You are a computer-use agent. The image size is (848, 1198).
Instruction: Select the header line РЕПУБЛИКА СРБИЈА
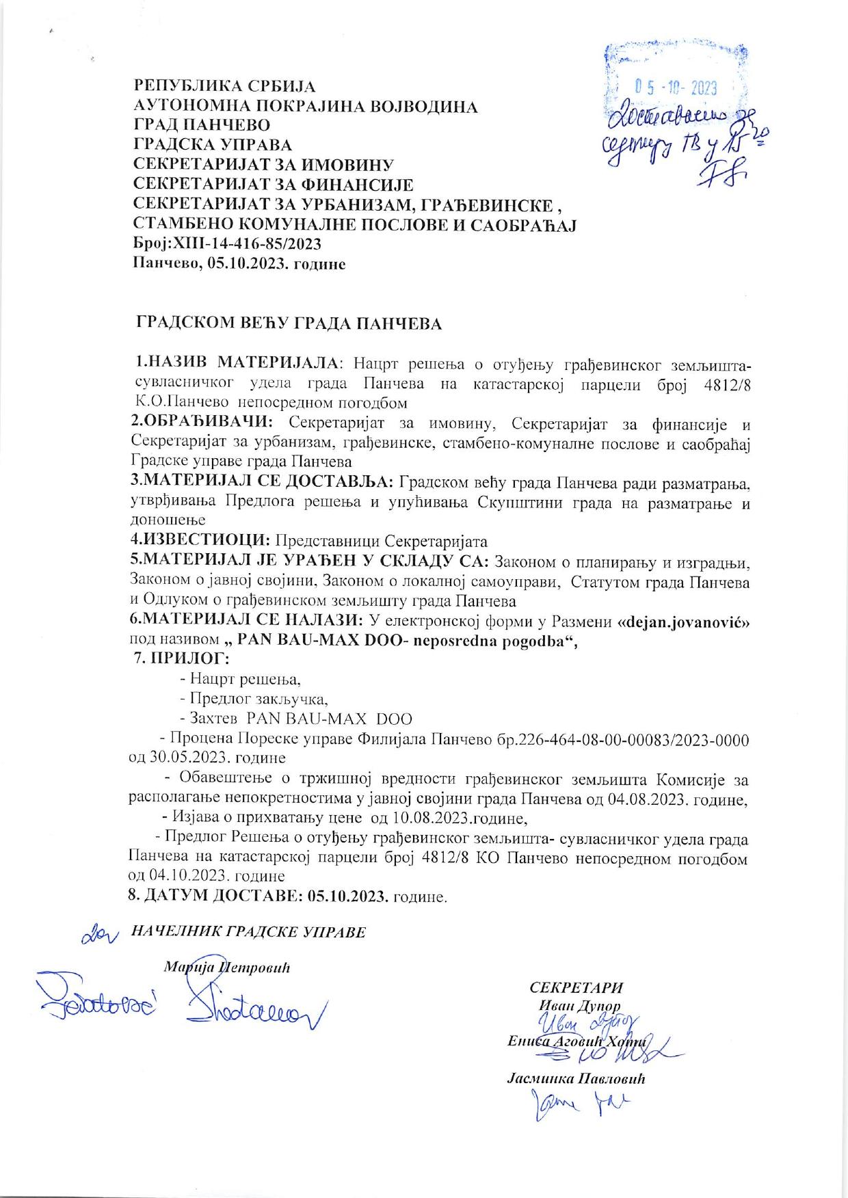pos(224,87)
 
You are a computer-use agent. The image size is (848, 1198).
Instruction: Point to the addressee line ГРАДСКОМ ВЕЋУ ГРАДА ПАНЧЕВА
pos(291,323)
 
